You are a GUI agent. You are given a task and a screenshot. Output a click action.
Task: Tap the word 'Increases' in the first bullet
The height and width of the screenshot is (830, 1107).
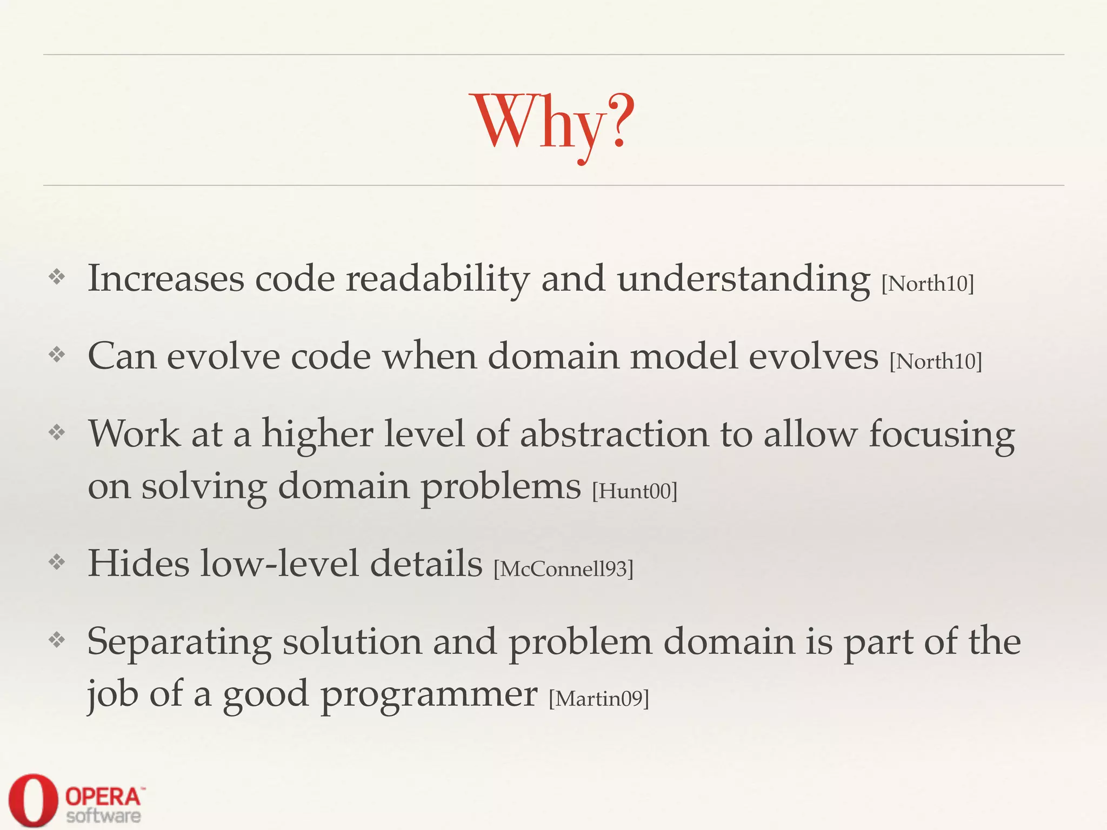point(166,279)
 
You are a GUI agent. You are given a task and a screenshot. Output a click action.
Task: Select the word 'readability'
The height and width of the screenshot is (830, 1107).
point(437,279)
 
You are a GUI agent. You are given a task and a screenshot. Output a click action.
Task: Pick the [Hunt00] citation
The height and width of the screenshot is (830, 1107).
point(635,491)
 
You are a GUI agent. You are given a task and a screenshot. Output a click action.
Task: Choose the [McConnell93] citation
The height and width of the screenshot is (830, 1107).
point(563,569)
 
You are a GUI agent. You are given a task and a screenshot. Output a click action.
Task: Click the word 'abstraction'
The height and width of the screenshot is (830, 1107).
point(614,434)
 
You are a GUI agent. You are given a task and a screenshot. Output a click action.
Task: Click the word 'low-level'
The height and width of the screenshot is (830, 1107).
point(279,564)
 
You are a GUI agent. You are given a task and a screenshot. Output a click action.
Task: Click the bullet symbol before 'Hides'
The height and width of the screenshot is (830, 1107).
point(57,563)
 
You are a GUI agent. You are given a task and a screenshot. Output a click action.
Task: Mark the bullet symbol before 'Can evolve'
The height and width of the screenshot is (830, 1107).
point(57,355)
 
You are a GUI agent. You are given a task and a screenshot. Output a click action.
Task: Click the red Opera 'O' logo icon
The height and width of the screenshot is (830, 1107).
point(32,800)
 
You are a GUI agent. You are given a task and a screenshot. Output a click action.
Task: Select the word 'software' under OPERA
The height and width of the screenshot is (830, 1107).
point(103,816)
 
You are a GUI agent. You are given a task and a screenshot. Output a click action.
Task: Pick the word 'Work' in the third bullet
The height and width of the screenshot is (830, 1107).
point(134,434)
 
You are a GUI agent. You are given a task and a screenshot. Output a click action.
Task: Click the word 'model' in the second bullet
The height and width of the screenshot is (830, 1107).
point(684,357)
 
